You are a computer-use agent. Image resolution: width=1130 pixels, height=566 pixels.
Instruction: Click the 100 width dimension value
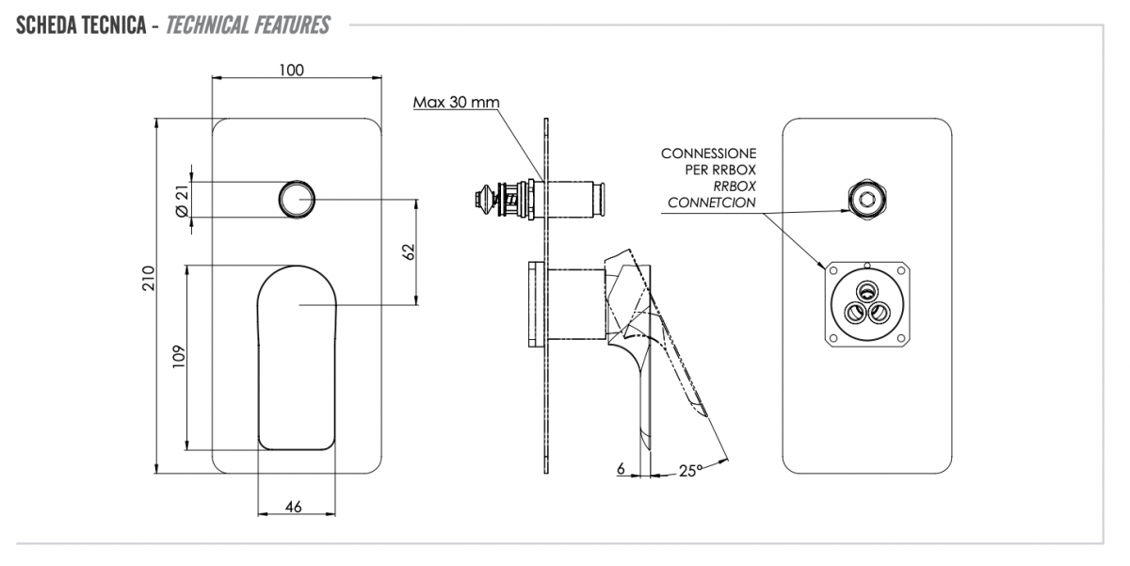click(x=292, y=70)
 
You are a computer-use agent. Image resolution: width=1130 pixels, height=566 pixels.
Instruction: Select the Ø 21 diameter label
click(x=182, y=201)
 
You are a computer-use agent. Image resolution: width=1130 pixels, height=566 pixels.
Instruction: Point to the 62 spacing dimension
click(x=407, y=251)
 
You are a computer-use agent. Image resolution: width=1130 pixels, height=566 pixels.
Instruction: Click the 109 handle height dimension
click(x=179, y=354)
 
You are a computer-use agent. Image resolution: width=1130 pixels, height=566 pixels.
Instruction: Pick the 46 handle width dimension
click(x=293, y=507)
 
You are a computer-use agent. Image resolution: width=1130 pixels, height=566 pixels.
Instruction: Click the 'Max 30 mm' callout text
click(x=457, y=102)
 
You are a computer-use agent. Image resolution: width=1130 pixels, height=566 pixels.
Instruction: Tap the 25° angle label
click(x=690, y=470)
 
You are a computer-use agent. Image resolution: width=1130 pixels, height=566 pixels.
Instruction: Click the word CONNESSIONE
click(x=708, y=153)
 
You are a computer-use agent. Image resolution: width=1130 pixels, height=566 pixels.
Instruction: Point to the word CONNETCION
click(x=711, y=202)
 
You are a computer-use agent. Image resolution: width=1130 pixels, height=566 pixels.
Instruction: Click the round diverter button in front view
click(x=297, y=200)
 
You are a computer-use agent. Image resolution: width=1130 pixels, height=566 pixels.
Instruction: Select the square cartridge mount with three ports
click(x=866, y=304)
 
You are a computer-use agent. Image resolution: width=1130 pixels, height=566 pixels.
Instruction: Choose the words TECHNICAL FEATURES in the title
click(x=248, y=24)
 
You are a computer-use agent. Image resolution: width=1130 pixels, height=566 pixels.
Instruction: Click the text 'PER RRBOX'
click(x=720, y=170)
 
